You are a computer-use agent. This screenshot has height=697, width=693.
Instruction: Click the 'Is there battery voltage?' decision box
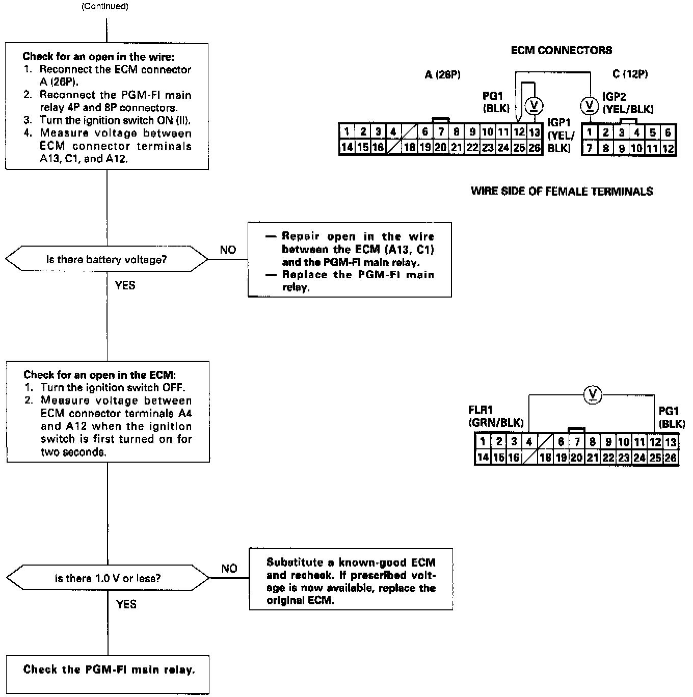(106, 259)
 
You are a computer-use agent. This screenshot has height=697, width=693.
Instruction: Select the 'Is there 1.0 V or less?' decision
(108, 578)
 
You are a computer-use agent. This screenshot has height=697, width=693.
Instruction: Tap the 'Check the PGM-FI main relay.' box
(109, 669)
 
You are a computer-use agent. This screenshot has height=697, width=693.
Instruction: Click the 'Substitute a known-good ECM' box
(351, 581)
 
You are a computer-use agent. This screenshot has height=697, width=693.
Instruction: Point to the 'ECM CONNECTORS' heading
(561, 50)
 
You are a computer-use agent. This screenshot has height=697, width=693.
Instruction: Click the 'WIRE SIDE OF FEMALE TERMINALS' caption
(562, 192)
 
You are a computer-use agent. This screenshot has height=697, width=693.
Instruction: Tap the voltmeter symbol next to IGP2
(590, 106)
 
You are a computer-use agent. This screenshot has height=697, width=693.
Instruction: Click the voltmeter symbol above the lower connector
(592, 394)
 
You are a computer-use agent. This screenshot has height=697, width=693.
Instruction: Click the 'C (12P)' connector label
(630, 74)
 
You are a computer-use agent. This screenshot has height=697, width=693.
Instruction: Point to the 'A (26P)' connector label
(442, 75)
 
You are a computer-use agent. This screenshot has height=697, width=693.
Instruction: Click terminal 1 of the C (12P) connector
(590, 132)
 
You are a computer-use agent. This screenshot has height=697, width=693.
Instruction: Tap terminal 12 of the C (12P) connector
(668, 148)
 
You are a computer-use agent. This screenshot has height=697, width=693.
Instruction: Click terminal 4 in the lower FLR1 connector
(529, 442)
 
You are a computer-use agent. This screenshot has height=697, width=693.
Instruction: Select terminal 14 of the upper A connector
(346, 148)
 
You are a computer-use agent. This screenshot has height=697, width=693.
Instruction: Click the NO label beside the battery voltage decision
(228, 250)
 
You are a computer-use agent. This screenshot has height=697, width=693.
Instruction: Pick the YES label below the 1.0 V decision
(126, 604)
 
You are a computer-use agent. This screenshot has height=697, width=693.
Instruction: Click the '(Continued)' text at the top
(105, 7)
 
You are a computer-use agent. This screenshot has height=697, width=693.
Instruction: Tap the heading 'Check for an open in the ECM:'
(100, 375)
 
